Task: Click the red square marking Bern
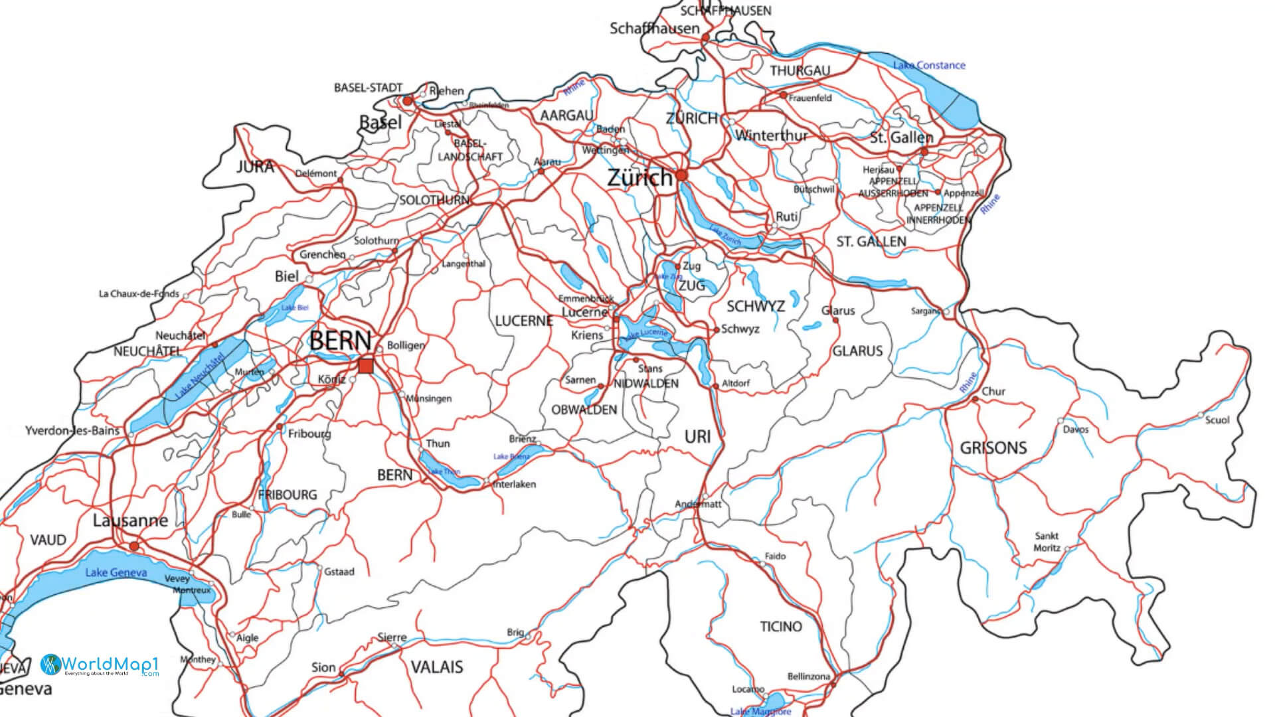(x=366, y=366)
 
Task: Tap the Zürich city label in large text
(x=639, y=178)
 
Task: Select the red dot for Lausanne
(x=135, y=546)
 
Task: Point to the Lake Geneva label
(x=116, y=572)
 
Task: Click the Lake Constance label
(x=928, y=65)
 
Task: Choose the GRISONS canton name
(x=993, y=448)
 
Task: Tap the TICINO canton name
(x=780, y=626)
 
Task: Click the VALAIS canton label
(x=436, y=667)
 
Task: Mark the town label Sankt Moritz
(x=1047, y=542)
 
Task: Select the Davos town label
(x=1076, y=430)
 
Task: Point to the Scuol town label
(x=1217, y=420)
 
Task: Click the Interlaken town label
(x=515, y=485)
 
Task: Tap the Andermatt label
(x=697, y=504)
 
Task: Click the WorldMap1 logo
(x=100, y=665)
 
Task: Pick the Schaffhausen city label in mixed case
(x=654, y=29)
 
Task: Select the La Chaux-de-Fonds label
(x=139, y=293)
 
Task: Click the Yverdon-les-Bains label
(x=72, y=430)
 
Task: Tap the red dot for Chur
(x=975, y=400)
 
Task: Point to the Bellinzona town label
(x=808, y=677)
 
